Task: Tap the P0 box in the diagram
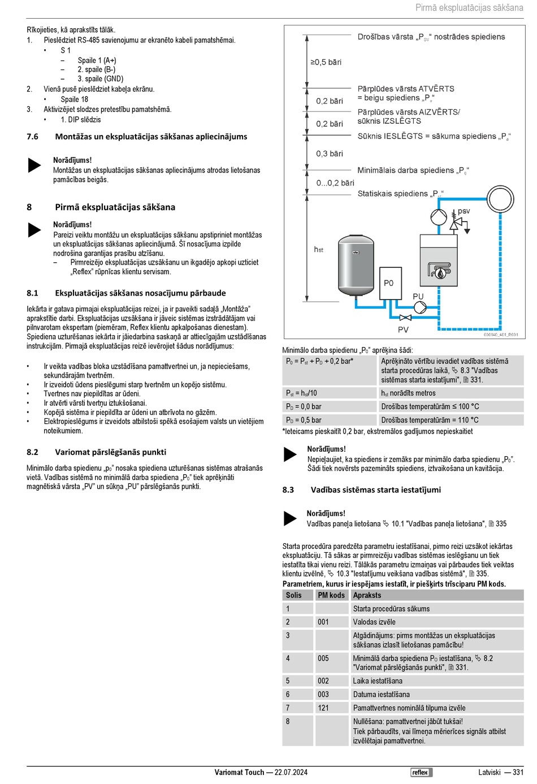(389, 283)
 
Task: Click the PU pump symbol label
(418, 296)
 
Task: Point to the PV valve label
(403, 330)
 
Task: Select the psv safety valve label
(464, 211)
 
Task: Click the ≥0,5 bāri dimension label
(326, 62)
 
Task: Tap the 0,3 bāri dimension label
(330, 154)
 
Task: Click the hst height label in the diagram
(319, 249)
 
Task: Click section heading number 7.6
(33, 137)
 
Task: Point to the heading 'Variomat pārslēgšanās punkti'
(111, 452)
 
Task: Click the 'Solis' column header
(294, 595)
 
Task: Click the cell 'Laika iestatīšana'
(378, 681)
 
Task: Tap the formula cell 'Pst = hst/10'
(302, 393)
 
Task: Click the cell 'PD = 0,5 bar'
(304, 420)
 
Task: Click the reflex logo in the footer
(421, 772)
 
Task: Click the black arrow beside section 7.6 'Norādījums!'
(35, 165)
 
